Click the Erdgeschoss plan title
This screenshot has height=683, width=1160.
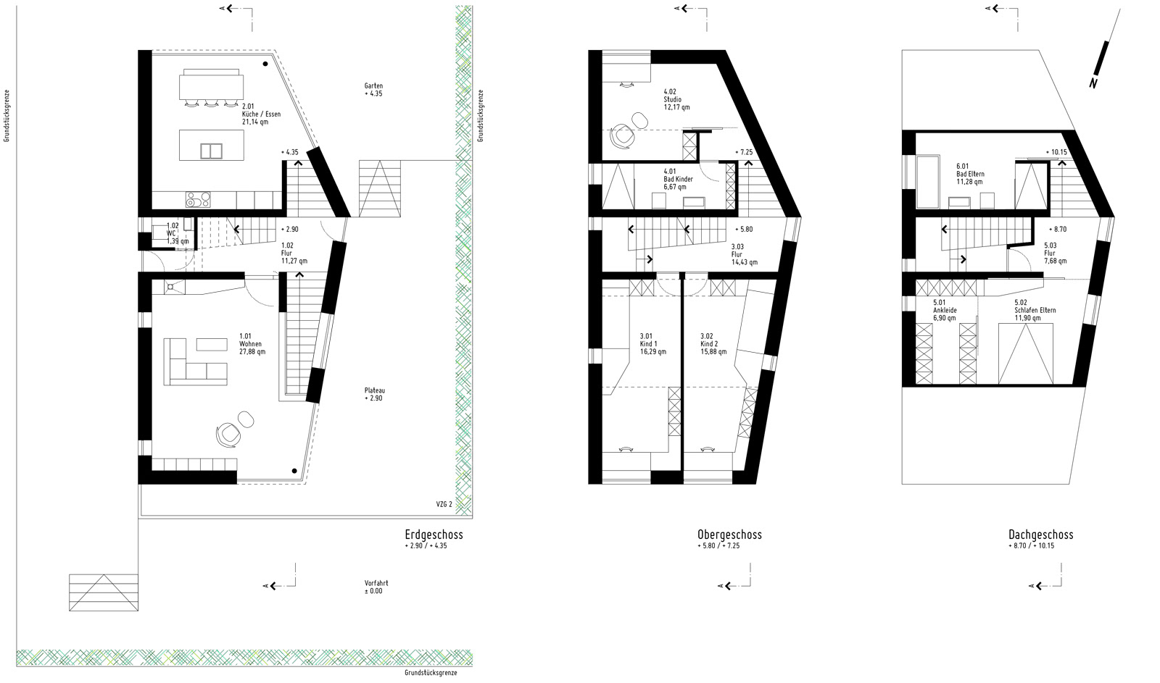click(434, 535)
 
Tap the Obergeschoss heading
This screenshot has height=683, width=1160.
click(729, 535)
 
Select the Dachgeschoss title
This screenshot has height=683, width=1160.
click(1041, 535)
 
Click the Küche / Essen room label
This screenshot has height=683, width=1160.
click(261, 114)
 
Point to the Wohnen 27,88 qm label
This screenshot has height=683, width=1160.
click(252, 344)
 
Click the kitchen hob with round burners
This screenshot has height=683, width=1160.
click(199, 200)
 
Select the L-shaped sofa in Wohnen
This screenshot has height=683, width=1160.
click(195, 361)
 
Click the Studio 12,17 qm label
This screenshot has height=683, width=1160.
click(676, 100)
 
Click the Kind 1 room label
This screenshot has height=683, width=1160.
click(653, 344)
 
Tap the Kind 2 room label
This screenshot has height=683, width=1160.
click(713, 344)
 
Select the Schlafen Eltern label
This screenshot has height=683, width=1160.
click(1035, 311)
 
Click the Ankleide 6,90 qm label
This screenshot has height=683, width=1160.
click(945, 311)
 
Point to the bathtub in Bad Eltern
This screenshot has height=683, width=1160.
click(928, 182)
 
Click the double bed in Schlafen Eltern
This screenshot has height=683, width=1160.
click(1026, 354)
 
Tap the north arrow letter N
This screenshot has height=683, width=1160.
click(1093, 83)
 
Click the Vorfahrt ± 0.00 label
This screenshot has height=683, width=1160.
click(376, 587)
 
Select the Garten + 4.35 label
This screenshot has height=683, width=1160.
click(373, 90)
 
